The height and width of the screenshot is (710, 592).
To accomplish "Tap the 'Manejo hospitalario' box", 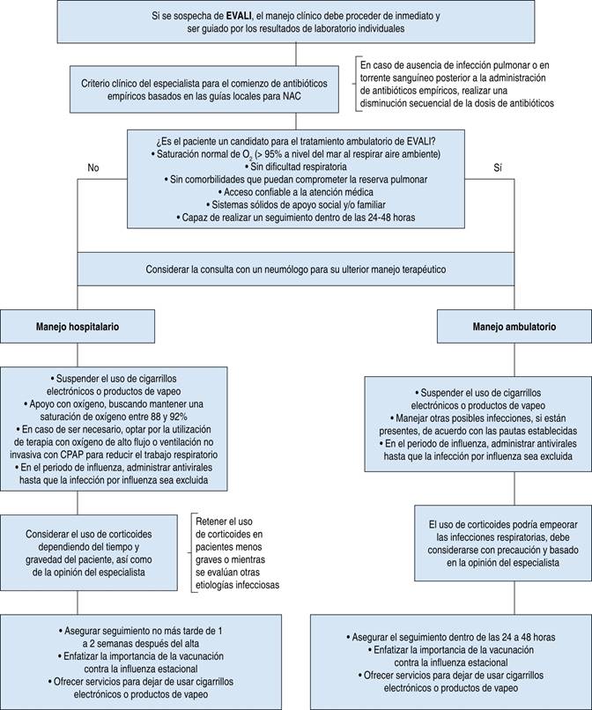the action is tap(78, 327).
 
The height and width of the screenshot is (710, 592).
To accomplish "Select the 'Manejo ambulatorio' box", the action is tap(514, 327).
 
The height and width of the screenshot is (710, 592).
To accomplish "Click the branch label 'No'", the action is tap(92, 167).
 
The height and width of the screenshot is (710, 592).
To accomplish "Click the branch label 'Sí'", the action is tap(498, 167).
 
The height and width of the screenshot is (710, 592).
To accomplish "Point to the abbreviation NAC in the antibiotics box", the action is tap(292, 96).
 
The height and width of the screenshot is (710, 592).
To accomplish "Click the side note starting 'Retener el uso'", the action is tap(237, 553).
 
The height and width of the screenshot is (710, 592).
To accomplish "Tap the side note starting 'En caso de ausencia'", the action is tap(456, 85).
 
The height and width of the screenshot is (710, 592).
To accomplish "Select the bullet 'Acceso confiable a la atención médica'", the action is tap(296, 192).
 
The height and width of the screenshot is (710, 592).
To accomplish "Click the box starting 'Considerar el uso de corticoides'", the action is tap(89, 552).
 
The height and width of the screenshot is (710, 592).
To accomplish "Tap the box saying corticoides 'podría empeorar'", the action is tap(503, 544).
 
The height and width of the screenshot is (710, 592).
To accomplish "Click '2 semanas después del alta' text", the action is tap(141, 643).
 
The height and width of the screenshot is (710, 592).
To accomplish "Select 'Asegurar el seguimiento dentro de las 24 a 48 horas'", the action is tap(454, 637).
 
